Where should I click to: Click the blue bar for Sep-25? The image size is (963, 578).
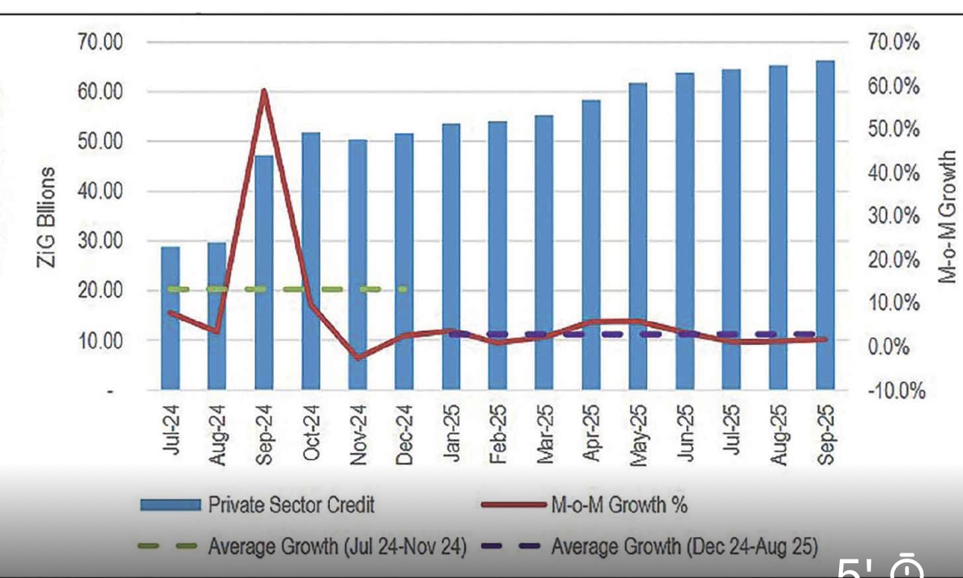click(x=825, y=224)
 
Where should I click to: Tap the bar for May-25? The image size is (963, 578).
click(x=638, y=239)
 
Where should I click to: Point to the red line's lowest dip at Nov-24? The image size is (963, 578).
click(x=358, y=358)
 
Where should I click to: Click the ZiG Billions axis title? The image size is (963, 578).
click(x=48, y=217)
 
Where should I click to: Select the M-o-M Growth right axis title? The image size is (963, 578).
click(x=947, y=217)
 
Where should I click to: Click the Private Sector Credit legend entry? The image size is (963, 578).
click(x=292, y=506)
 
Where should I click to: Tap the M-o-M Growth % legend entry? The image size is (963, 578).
click(x=619, y=506)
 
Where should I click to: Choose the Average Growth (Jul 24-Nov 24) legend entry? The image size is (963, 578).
click(x=337, y=547)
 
